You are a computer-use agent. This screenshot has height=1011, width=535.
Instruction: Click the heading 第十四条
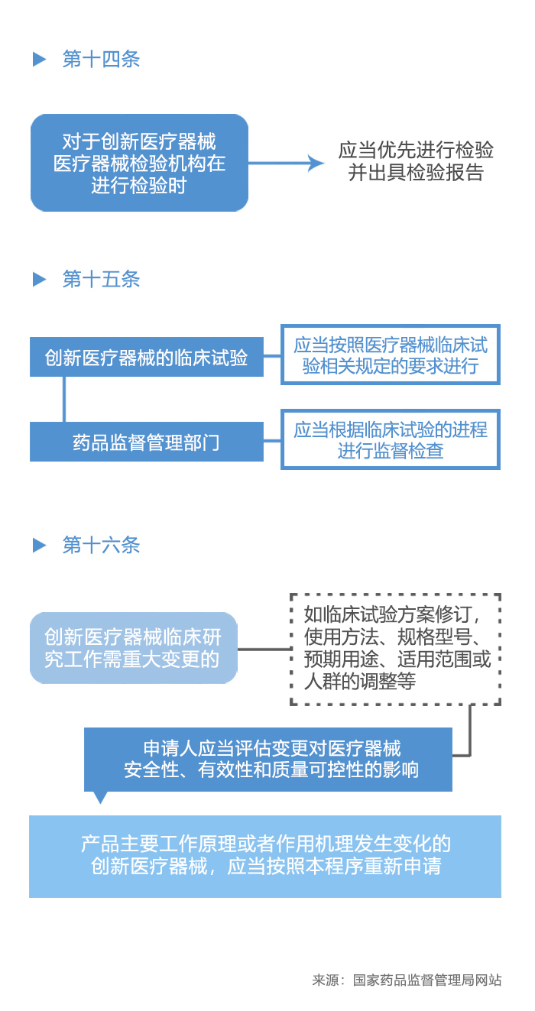click(101, 60)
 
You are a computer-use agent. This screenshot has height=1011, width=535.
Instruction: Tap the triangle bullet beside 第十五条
click(39, 279)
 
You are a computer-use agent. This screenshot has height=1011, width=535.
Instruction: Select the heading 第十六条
click(101, 545)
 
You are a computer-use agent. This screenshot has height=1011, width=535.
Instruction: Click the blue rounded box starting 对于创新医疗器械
click(139, 163)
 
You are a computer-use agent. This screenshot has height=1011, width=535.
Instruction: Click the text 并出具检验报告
click(416, 173)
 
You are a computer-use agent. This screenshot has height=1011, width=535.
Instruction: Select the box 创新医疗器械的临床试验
click(146, 357)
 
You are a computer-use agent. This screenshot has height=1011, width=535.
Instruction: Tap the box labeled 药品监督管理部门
click(146, 442)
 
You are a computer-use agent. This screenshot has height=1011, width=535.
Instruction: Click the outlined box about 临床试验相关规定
click(390, 355)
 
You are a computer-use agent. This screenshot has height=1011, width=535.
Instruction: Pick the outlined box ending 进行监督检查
click(390, 439)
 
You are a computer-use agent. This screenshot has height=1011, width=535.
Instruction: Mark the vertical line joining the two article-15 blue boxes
click(63, 399)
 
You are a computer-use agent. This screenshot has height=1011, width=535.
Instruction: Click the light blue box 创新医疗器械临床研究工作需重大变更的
click(133, 648)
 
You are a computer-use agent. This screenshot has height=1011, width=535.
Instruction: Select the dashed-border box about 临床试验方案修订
click(395, 649)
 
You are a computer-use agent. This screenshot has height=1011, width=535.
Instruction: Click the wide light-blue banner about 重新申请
click(265, 856)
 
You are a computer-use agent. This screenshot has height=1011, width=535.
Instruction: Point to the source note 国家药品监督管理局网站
click(426, 980)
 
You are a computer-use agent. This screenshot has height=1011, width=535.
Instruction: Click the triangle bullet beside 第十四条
click(39, 60)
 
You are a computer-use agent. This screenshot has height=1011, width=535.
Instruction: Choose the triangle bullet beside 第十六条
click(39, 545)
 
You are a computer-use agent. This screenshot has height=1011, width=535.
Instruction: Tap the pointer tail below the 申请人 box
click(99, 797)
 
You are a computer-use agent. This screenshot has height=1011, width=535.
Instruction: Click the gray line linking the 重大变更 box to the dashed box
click(264, 650)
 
